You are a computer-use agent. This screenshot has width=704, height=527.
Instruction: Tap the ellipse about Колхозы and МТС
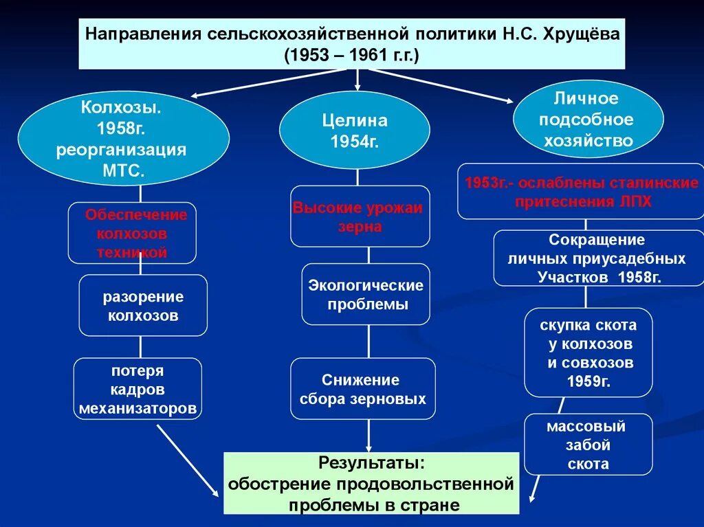[123, 139]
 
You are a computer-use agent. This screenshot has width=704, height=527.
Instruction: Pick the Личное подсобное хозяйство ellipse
[588, 120]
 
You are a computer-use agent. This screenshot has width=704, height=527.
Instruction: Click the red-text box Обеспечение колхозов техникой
[132, 233]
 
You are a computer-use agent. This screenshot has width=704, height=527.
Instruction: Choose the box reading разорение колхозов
[143, 306]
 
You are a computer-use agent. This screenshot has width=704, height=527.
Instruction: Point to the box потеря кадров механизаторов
[137, 390]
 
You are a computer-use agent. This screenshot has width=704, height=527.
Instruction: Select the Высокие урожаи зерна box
[360, 216]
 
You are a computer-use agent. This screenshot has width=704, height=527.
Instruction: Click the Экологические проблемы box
[366, 294]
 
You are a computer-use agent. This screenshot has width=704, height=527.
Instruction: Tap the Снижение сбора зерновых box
[363, 389]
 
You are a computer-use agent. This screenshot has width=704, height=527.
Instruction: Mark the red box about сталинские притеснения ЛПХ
[581, 192]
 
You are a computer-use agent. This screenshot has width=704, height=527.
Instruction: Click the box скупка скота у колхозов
[588, 352]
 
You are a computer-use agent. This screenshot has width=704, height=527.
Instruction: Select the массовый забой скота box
[588, 445]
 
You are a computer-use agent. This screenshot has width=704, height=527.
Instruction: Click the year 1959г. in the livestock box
[589, 381]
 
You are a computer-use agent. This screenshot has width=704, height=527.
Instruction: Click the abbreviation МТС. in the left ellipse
[122, 171]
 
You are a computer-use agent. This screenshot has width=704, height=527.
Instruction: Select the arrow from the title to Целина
[357, 80]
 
